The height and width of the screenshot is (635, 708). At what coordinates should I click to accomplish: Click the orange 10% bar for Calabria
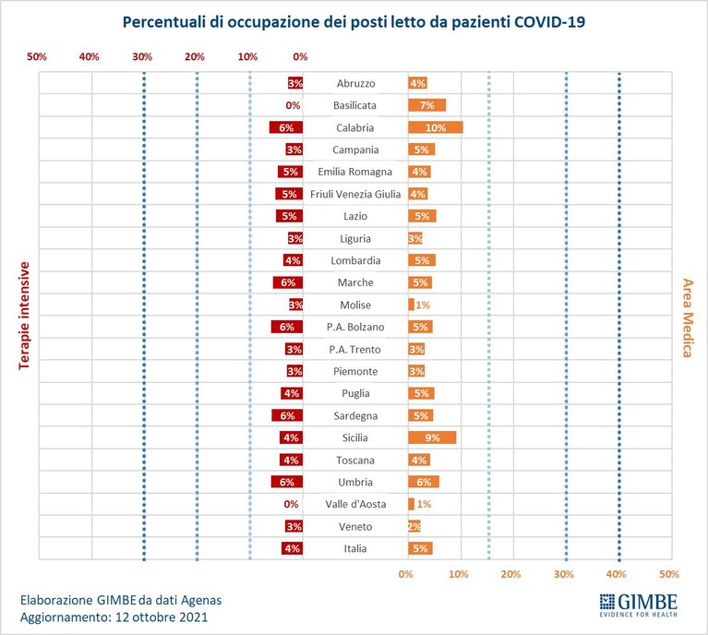[436, 127]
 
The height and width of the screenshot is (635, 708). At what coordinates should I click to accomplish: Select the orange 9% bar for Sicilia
[432, 437]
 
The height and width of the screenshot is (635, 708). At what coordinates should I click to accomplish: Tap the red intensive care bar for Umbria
[287, 482]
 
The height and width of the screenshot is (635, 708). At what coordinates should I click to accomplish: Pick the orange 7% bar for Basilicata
[426, 105]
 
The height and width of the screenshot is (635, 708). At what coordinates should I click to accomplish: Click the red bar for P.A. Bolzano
[287, 327]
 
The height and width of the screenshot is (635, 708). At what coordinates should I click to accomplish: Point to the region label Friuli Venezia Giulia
[355, 194]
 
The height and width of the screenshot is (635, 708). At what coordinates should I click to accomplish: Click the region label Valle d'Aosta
[355, 504]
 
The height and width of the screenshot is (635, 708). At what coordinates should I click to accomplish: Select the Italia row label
[355, 548]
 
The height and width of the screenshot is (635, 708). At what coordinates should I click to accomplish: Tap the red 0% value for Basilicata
[293, 105]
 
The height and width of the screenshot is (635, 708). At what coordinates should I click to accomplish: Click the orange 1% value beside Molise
[423, 305]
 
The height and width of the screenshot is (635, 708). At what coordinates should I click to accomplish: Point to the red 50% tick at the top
[37, 56]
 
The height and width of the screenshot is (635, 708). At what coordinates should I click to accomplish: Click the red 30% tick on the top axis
[142, 56]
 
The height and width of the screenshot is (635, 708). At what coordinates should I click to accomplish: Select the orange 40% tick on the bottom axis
[616, 574]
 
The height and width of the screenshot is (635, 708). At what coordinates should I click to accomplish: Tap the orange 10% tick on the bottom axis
[458, 574]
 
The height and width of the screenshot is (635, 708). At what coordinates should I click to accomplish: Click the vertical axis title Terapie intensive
[24, 316]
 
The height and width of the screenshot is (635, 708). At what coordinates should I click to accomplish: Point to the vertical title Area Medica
[687, 317]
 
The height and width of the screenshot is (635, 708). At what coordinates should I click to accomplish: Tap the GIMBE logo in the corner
[639, 605]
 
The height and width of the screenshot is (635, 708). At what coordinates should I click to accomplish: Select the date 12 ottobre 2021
[162, 617]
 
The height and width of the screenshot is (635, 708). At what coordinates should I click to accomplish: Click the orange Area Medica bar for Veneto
[414, 526]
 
